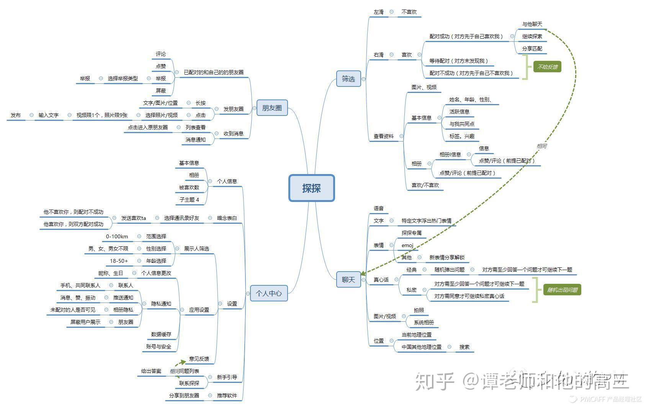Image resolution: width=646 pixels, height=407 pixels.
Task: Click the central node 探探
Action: [x=311, y=188]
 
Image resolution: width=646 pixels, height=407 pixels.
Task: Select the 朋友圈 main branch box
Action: [x=272, y=108]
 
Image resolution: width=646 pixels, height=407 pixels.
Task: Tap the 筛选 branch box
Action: [x=348, y=79]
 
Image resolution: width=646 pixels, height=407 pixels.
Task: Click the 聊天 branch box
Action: [x=348, y=280]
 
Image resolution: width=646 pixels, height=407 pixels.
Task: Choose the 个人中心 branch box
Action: [x=269, y=293]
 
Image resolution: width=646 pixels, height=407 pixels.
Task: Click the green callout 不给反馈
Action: [x=547, y=67]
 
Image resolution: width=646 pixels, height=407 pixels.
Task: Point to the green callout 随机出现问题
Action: [x=562, y=290]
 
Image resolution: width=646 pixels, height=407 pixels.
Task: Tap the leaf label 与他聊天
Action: [x=532, y=24]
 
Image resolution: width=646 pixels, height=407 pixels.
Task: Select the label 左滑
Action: [x=378, y=12]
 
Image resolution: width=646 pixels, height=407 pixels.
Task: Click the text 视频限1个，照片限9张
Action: [x=102, y=115]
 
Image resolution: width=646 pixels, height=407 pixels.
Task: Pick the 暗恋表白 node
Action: [x=227, y=218]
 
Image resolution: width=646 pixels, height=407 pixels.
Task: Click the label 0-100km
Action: [x=117, y=236]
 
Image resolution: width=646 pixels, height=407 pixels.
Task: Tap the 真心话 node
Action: [x=381, y=280]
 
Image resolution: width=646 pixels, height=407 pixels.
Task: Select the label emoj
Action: [x=407, y=245]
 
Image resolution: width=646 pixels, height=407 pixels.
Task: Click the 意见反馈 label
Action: [x=199, y=359]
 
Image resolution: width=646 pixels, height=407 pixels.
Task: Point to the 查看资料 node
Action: [x=383, y=136]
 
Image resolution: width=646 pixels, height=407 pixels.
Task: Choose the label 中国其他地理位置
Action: [x=421, y=347]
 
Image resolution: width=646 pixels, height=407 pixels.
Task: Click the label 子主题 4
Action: [x=189, y=200]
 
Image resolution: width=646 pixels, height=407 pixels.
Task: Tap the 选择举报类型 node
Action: [x=123, y=78]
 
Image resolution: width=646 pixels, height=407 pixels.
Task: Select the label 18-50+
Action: [x=119, y=261]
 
